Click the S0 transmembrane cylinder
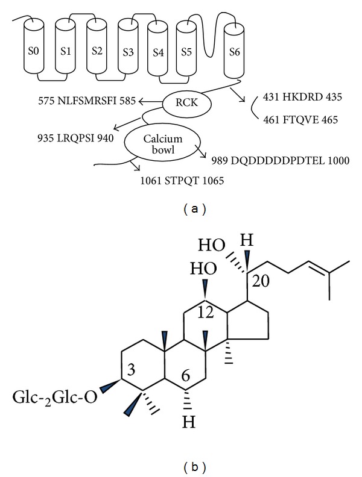coord(34,45)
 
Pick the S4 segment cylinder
coord(159,49)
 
